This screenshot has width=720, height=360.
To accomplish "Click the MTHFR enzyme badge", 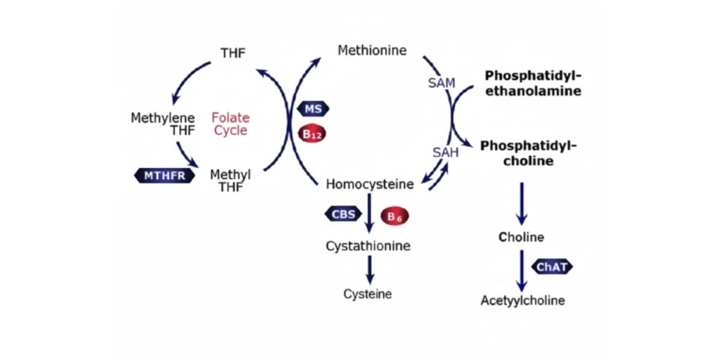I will click(164, 175).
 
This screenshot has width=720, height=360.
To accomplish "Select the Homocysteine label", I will click(370, 184).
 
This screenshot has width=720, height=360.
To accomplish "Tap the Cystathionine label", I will click(368, 246).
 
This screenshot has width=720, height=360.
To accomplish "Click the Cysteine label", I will click(368, 294).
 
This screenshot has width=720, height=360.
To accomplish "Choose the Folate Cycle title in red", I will click(230, 124).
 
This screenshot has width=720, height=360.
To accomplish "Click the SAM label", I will click(442, 83).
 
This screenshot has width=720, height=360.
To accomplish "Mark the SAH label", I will click(445, 151).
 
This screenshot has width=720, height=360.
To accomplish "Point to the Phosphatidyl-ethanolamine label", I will click(533, 83).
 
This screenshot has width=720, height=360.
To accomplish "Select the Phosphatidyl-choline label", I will click(528, 153).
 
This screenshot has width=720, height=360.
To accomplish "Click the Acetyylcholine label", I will click(522, 301).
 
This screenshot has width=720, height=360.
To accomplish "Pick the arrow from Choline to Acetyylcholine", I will click(522, 269).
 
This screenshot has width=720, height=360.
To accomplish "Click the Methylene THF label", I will click(162, 124).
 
